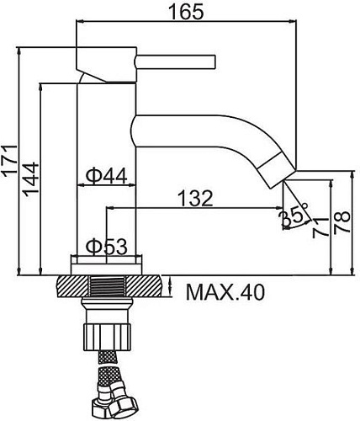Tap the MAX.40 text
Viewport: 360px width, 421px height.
tap(224, 292)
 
